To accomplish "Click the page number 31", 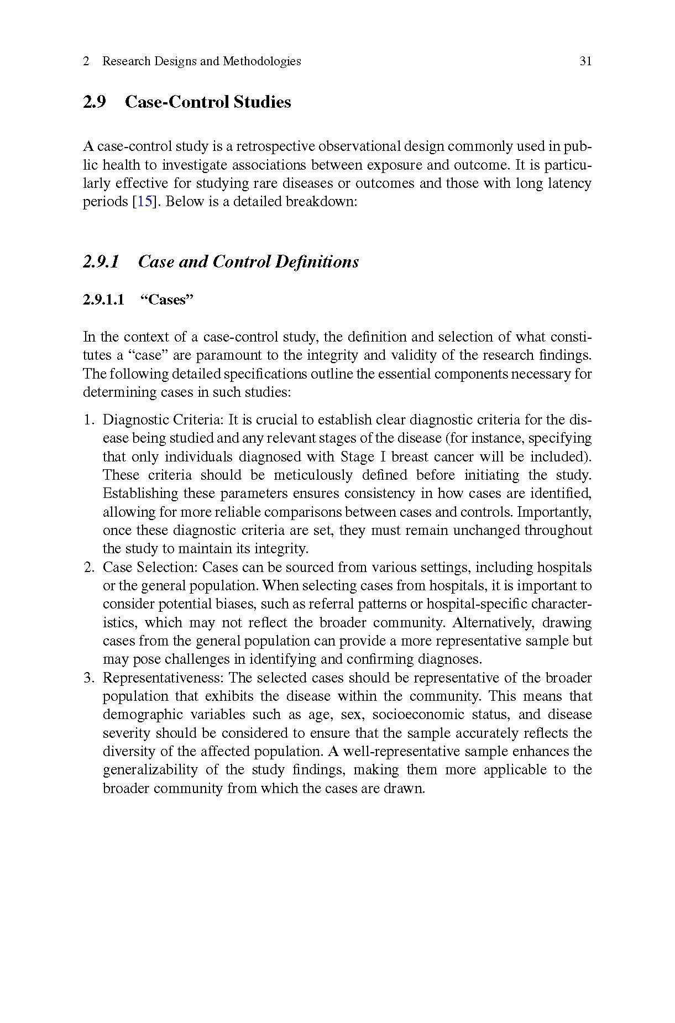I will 585,61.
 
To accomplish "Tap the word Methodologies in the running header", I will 261,61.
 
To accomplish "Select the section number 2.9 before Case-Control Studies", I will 94,102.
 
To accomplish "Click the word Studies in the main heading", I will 262,102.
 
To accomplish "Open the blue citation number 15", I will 144,202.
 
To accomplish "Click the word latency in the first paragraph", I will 570,183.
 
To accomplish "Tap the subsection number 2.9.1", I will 101,261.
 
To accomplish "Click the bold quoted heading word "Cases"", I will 167,300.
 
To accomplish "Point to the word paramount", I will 237,355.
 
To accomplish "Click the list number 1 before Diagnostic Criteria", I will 88,420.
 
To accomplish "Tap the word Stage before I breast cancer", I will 357,457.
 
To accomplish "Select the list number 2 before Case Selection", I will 88,568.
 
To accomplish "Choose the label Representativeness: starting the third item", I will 164,678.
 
